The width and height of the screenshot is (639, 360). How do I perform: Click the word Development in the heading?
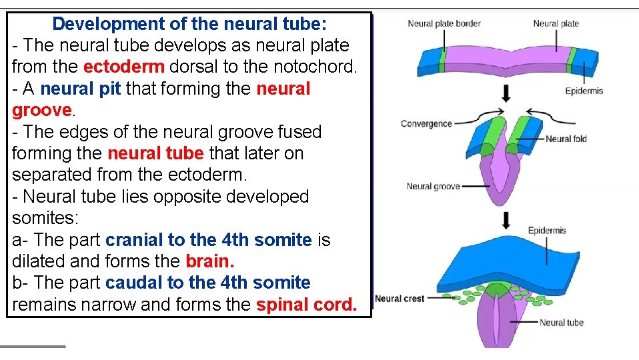pyautogui.click(x=108, y=25)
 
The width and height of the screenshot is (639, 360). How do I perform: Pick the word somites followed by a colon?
pyautogui.click(x=43, y=219)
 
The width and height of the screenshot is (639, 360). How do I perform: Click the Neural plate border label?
pyautogui.click(x=444, y=23)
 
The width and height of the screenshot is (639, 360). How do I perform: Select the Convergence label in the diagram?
pyautogui.click(x=426, y=123)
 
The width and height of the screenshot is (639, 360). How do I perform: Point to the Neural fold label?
pyautogui.click(x=566, y=139)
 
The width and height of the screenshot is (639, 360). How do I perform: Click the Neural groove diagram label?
pyautogui.click(x=433, y=187)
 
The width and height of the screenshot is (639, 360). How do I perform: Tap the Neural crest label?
pyautogui.click(x=400, y=298)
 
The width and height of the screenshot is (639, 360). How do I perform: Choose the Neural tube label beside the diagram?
pyautogui.click(x=561, y=323)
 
